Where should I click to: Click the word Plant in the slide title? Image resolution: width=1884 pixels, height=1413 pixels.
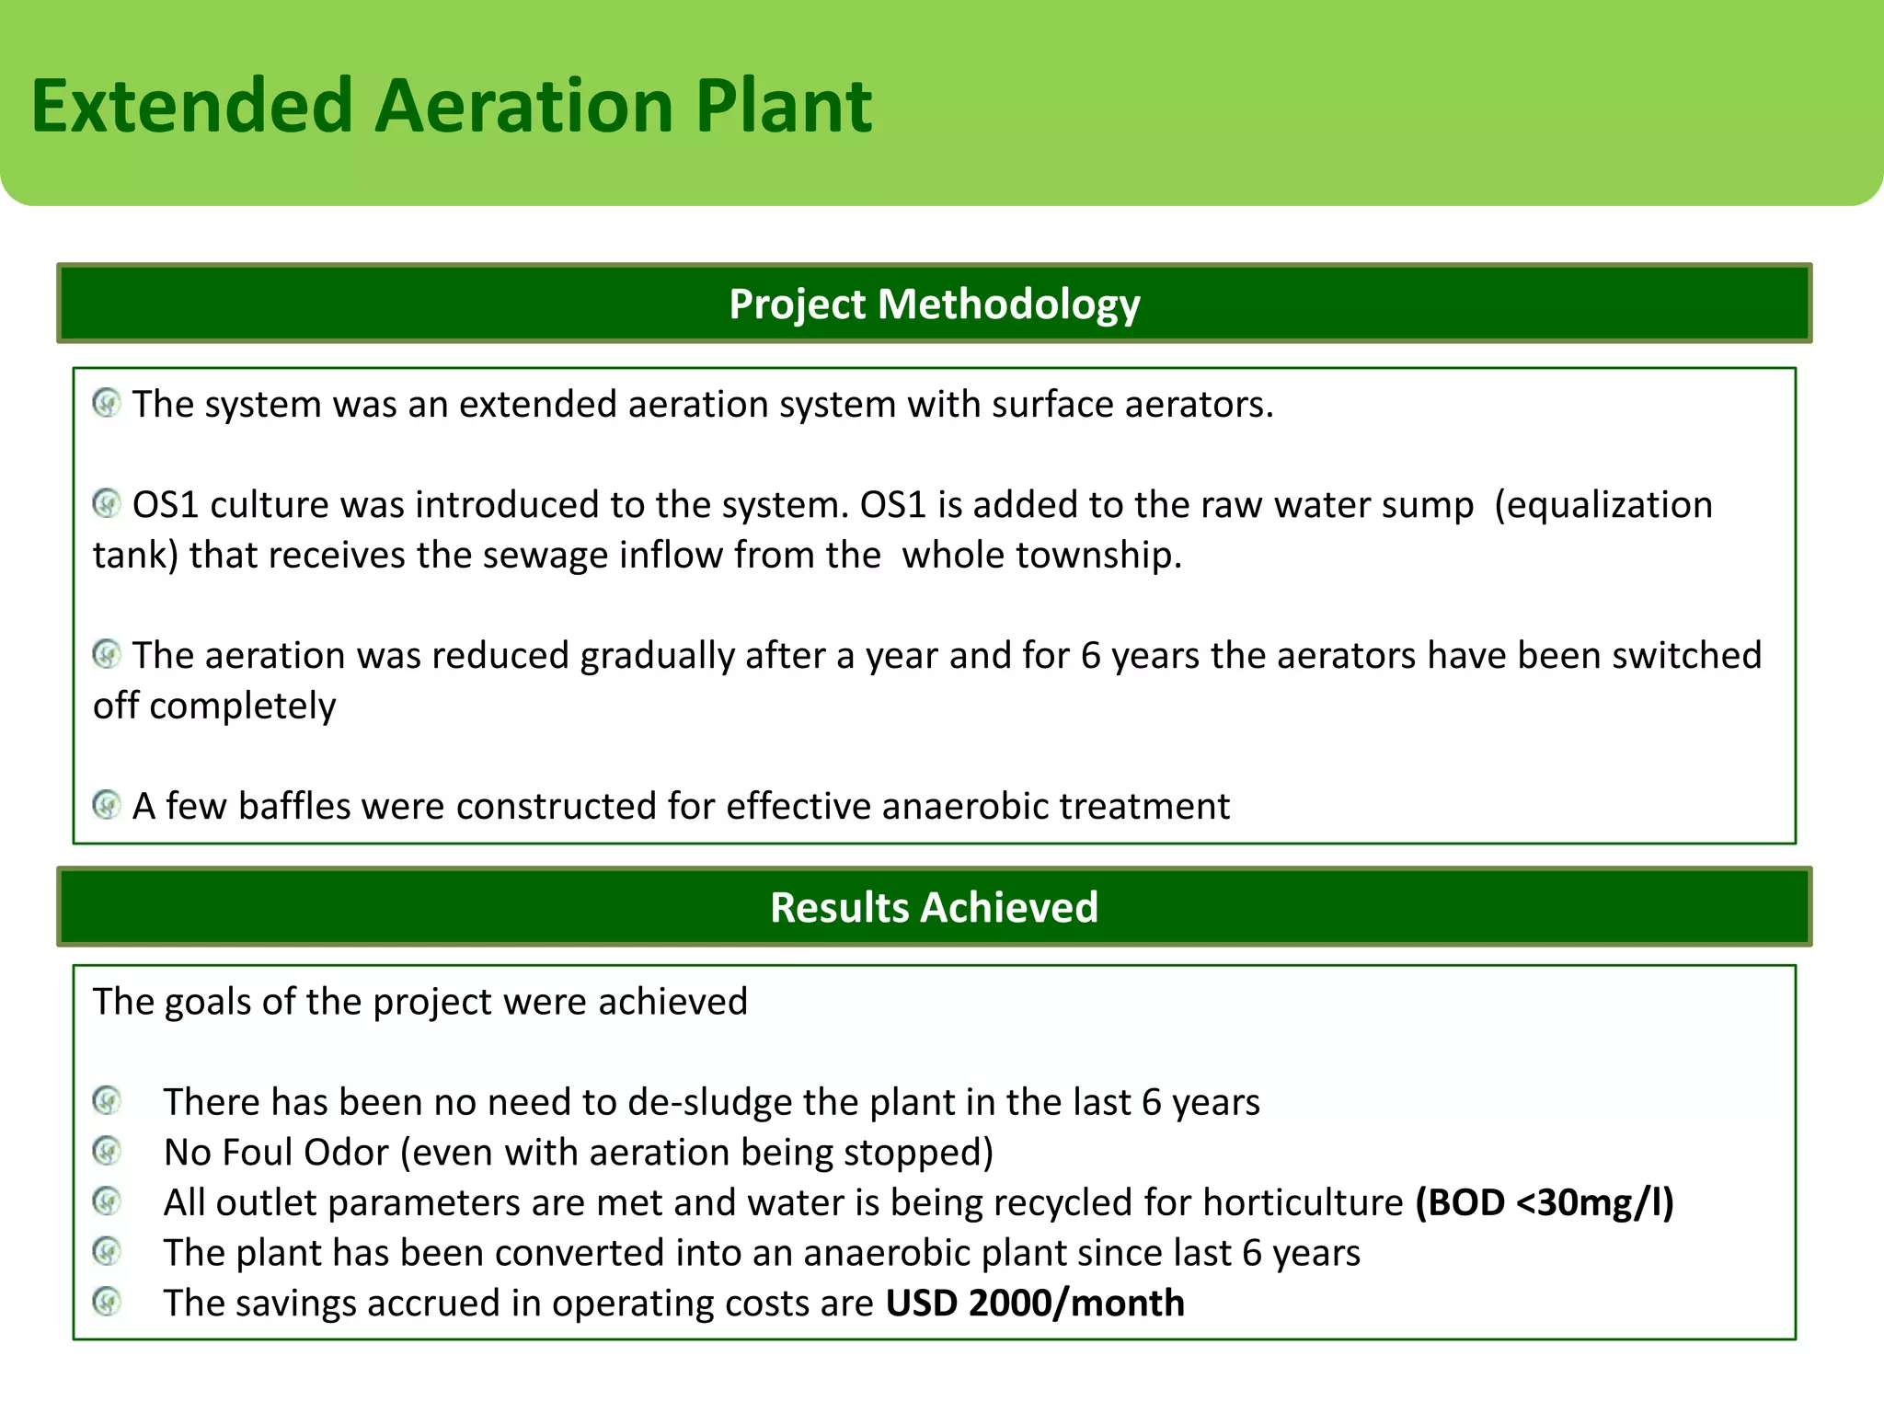click(783, 106)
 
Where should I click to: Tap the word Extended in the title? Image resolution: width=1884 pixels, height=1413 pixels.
click(192, 106)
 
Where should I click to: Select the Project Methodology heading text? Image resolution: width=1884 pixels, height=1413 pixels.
click(934, 304)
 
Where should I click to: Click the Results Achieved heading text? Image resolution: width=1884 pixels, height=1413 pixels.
click(934, 907)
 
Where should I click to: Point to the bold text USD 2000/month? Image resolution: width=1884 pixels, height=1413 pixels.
click(1035, 1304)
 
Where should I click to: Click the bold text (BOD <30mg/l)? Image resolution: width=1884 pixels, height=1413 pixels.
click(1544, 1203)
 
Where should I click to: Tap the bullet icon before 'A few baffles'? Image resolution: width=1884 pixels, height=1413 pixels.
click(107, 805)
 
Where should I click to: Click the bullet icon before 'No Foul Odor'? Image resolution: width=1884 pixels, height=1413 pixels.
click(107, 1151)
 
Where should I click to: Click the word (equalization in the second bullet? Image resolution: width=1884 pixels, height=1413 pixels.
click(1603, 505)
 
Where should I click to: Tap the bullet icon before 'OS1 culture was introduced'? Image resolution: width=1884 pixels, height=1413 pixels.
click(107, 503)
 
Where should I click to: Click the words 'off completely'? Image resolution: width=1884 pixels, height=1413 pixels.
click(214, 706)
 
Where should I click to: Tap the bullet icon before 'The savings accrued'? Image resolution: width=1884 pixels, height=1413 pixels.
click(107, 1302)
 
